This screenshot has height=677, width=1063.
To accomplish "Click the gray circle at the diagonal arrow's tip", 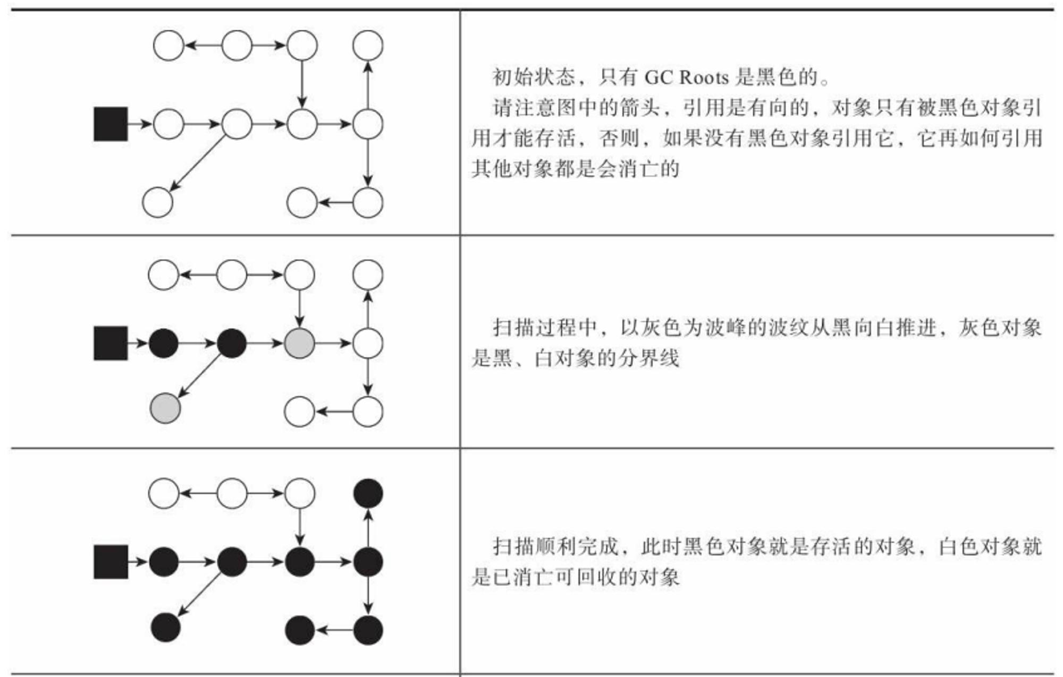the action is tap(165, 408).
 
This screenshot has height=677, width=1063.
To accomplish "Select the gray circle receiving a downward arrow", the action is tap(300, 344).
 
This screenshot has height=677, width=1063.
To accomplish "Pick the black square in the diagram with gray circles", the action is tap(111, 344).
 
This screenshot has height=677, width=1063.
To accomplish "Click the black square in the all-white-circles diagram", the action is tap(111, 124).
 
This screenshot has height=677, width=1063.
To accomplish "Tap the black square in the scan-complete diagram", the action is tap(111, 562).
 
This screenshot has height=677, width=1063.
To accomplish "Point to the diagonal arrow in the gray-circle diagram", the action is tap(199, 375).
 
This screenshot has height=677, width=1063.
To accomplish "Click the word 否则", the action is tap(618, 139).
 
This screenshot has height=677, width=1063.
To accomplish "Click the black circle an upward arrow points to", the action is tap(368, 493).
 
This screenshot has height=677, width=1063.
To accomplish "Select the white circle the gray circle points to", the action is tap(368, 344).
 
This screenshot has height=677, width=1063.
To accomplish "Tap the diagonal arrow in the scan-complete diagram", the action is tap(199, 594).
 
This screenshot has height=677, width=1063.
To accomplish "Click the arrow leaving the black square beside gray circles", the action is tap(138, 344).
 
